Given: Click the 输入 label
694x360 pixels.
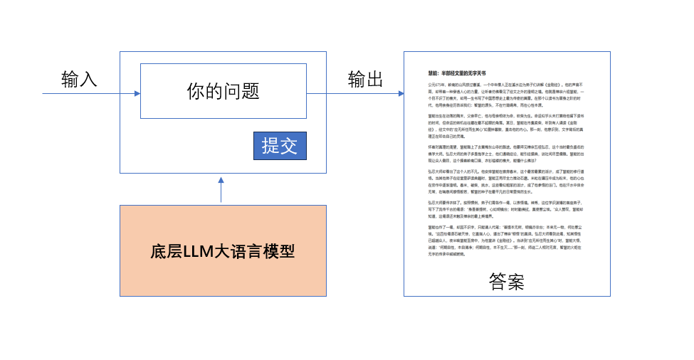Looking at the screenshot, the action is point(78,79).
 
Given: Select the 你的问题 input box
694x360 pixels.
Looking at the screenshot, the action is point(223,91).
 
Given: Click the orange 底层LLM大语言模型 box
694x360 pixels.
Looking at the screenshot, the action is point(223,250).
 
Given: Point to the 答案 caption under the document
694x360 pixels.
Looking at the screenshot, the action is point(507,282).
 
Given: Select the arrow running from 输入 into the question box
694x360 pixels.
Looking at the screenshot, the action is point(93,93).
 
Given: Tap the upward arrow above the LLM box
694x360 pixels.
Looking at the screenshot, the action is point(221,190).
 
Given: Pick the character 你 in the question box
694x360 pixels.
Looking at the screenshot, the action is point(195,91).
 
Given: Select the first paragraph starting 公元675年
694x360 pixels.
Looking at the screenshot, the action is point(506,93).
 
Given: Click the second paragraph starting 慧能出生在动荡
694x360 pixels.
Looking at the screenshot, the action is point(506,125).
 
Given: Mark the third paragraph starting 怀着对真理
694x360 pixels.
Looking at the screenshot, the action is point(506,154).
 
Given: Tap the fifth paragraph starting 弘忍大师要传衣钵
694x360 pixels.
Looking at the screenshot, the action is point(506,211).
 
